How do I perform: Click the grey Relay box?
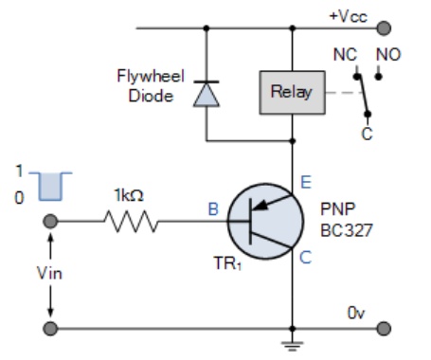292,92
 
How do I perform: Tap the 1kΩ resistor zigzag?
131,221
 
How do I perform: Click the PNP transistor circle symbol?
265,221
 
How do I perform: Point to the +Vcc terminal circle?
384,28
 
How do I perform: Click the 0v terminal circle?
384,329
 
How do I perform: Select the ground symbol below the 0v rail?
293,346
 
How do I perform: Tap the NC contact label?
345,55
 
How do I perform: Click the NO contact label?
388,55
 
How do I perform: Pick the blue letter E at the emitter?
306,182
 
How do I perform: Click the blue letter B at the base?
213,209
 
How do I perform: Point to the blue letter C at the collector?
305,258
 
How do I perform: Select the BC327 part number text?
347,230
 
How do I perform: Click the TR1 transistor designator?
227,263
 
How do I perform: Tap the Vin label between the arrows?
49,273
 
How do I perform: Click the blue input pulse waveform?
50,187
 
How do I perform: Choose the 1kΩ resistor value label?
129,195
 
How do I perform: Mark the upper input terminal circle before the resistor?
50,221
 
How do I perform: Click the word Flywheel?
151,76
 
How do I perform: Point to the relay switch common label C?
367,134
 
